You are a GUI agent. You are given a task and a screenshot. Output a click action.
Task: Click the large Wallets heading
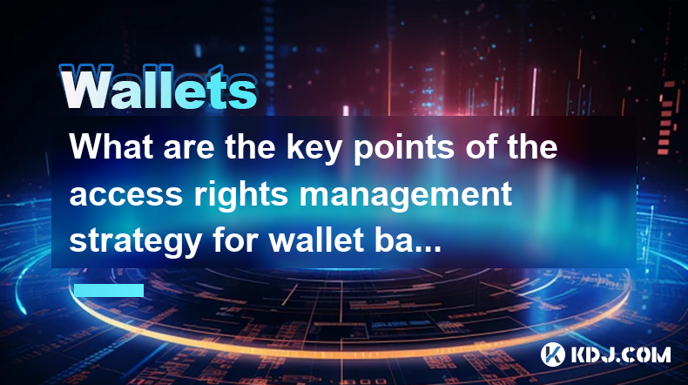159,87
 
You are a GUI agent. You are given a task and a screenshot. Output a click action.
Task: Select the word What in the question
111,146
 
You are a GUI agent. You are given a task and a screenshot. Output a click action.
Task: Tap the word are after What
189,150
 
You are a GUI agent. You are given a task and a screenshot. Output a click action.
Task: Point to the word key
314,149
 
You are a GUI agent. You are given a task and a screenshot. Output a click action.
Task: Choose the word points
404,149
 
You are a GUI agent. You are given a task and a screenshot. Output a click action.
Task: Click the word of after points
482,146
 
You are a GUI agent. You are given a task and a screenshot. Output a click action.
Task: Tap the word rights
241,196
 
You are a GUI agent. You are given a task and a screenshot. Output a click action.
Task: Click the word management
406,196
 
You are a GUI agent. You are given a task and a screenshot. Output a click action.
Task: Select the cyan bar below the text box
109,290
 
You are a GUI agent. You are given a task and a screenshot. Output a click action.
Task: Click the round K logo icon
553,355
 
